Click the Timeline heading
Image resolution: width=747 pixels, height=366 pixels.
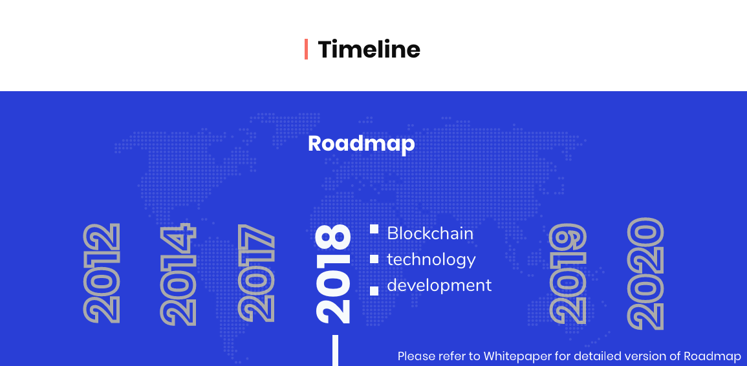pos(369,49)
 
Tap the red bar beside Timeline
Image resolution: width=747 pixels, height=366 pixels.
pos(306,49)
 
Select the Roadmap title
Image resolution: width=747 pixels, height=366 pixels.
pos(361,144)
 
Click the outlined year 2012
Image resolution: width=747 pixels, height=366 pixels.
pos(102,273)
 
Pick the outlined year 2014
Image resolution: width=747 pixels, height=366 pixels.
pos(178,274)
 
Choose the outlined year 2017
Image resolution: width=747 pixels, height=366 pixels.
pos(256,273)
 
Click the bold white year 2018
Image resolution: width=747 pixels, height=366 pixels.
pos(333,274)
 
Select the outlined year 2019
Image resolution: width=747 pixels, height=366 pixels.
pos(567,274)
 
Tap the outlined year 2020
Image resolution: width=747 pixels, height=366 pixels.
pos(645,274)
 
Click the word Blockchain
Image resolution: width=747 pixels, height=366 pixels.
pos(430,233)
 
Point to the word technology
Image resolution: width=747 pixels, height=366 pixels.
pos(431,260)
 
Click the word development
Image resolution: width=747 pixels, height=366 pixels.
pos(439,285)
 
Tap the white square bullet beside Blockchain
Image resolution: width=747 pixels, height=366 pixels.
pos(374,229)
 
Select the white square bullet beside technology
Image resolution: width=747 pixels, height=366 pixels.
pos(374,259)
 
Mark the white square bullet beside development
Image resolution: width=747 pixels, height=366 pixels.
pos(374,291)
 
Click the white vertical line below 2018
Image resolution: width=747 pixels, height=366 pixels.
pos(336,350)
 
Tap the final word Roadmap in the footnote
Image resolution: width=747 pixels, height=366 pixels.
pos(713,356)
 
